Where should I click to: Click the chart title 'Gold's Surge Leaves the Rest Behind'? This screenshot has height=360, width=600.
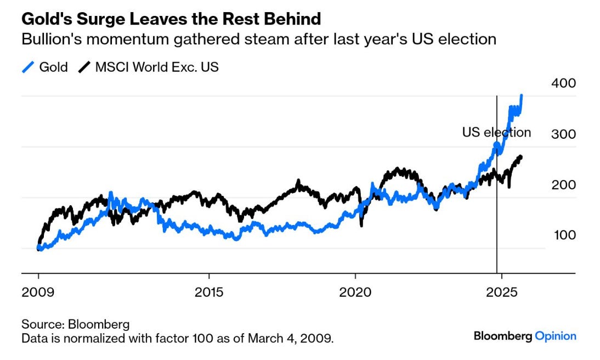[171, 19]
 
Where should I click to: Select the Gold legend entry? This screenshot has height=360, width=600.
[53, 67]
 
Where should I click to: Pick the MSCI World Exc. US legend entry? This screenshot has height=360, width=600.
[157, 67]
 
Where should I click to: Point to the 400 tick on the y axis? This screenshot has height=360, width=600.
[563, 83]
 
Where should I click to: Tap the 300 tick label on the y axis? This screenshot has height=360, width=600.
[563, 134]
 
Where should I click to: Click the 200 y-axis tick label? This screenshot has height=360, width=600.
[563, 185]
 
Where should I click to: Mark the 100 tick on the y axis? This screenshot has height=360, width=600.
[563, 235]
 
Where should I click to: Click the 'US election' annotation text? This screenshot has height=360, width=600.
[496, 132]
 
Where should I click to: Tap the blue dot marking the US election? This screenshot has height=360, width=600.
[496, 146]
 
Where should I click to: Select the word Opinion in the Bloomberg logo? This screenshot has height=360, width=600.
[556, 336]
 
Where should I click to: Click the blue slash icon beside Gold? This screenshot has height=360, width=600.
[27, 67]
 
